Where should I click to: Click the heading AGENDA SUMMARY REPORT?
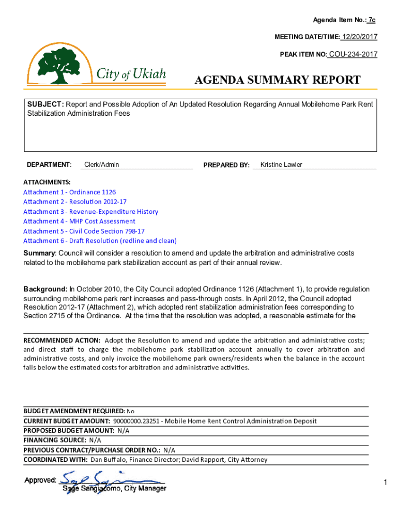pyautogui.click(x=277, y=80)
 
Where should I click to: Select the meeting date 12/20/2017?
pyautogui.click(x=359, y=37)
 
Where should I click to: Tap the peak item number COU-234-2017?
pyautogui.click(x=353, y=54)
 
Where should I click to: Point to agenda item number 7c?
pyautogui.click(x=371, y=20)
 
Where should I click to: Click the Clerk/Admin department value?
pyautogui.click(x=101, y=165)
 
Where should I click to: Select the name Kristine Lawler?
pyautogui.click(x=281, y=165)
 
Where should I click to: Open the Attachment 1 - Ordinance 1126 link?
pyautogui.click(x=66, y=192)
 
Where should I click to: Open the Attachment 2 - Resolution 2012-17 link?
pyautogui.click(x=74, y=202)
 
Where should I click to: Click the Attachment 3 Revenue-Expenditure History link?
pyautogui.click(x=90, y=212)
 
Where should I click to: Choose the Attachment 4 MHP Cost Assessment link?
pyautogui.click(x=79, y=222)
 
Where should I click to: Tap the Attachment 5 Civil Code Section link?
pyautogui.click(x=84, y=231)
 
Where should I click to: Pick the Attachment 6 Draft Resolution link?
pyautogui.click(x=100, y=241)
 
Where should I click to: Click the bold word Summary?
pyautogui.click(x=39, y=253)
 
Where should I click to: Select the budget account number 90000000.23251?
pyautogui.click(x=136, y=421)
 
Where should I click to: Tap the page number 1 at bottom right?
pyautogui.click(x=385, y=483)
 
